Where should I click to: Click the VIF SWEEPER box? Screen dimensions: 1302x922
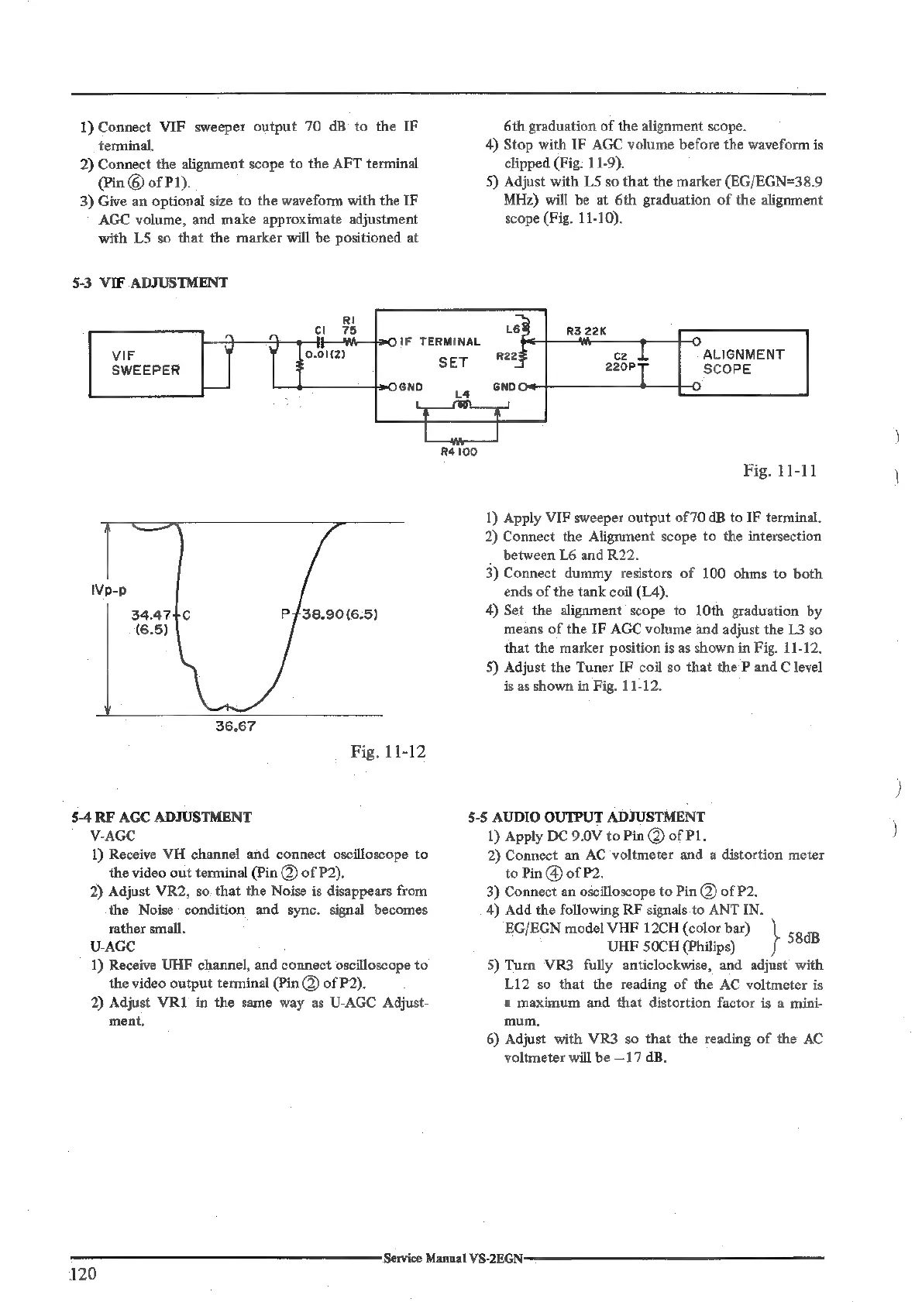tap(146, 363)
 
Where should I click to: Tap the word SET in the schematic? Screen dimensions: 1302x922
tap(453, 362)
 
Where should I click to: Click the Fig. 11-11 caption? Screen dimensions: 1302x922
tap(779, 471)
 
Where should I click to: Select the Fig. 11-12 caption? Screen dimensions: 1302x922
tap(388, 751)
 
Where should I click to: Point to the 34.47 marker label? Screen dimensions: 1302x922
tap(151, 617)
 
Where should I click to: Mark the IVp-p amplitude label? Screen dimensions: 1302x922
tap(109, 590)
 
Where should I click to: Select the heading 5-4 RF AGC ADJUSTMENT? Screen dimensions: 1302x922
tap(161, 816)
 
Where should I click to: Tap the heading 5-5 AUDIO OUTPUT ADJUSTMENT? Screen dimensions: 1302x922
tap(587, 816)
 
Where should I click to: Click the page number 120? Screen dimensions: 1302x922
tap(82, 1274)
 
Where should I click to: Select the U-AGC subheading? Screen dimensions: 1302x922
tap(112, 946)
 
